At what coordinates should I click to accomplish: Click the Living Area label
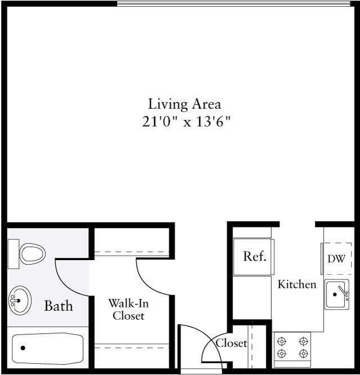point(184,104)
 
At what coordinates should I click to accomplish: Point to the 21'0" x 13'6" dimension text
point(186,122)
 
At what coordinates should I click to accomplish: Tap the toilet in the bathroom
point(31,253)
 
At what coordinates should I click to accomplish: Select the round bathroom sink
point(20,300)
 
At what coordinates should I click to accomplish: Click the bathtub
point(48,349)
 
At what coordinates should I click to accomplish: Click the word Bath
point(58,306)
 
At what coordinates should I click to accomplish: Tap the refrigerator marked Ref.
point(254,256)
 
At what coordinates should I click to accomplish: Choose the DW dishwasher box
point(337,259)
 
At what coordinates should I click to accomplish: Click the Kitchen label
point(297,284)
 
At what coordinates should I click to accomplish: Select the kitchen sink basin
point(336,293)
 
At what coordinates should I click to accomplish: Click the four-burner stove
point(292,347)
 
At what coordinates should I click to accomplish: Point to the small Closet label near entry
point(231,343)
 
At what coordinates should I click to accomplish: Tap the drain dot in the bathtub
point(23,348)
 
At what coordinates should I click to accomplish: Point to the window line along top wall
point(236,3)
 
